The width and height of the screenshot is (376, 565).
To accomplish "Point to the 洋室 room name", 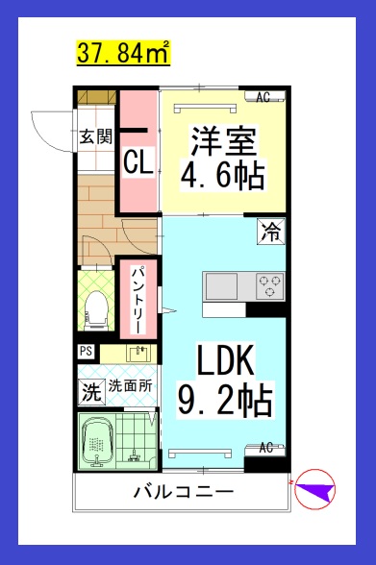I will tap(222, 142).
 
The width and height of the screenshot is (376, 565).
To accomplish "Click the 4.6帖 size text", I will tap(223, 176).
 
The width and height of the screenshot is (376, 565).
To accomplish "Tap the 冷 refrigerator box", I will tap(271, 231).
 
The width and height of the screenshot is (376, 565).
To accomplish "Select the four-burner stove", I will tap(268, 284).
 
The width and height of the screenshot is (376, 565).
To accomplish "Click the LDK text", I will tap(225, 361).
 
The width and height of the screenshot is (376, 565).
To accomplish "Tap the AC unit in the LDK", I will tap(265, 448).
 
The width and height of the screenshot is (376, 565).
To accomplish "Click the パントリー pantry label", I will tap(138, 298).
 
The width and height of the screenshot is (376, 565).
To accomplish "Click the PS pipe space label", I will tap(86, 352).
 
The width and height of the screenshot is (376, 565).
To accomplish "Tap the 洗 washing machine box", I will tap(90, 391).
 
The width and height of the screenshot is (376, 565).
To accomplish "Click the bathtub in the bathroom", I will tap(98, 441).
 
